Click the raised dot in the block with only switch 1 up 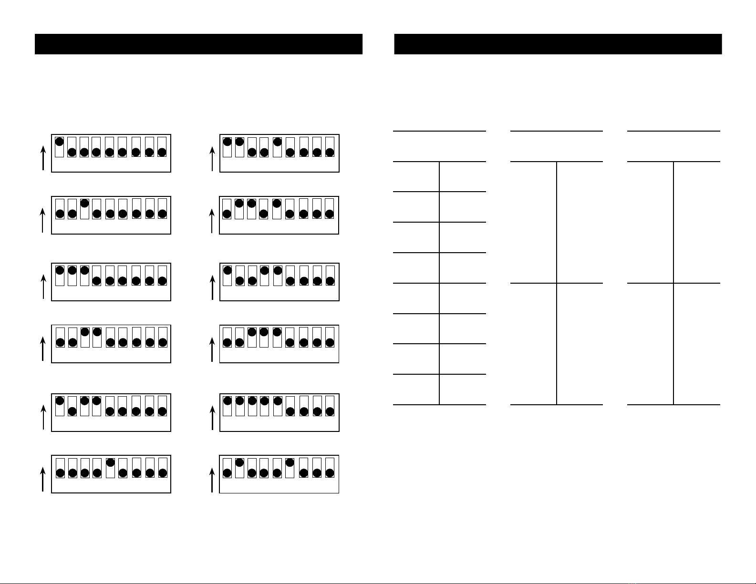tap(60, 142)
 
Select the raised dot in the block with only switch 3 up tap(85, 203)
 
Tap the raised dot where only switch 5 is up tap(110, 462)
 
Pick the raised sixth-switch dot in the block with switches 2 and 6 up tap(290, 462)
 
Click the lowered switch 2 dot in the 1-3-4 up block tap(72, 411)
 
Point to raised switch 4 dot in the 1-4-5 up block tap(265, 270)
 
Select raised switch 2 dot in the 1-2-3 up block tap(72, 270)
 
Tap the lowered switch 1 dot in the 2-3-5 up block tap(227, 214)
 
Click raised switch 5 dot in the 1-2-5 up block tap(277, 142)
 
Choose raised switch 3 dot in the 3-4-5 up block tap(252, 332)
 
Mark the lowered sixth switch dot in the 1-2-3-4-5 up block tap(290, 411)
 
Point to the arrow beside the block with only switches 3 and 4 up tap(43, 348)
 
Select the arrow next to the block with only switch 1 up tap(43, 158)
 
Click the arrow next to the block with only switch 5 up tap(43, 479)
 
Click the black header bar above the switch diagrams tap(198, 44)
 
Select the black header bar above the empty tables tap(558, 44)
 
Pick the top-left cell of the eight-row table tap(416, 176)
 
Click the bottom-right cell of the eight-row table tap(462, 389)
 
